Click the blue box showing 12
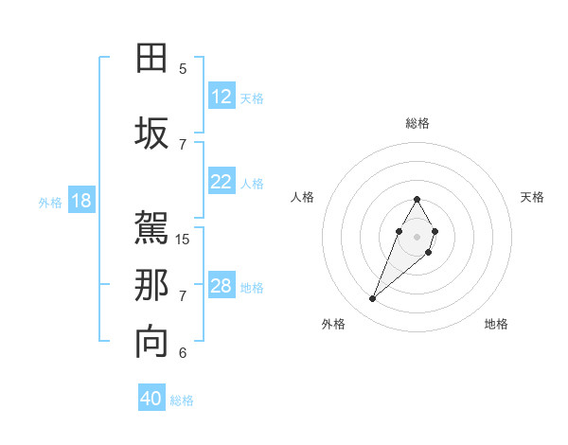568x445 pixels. (222, 97)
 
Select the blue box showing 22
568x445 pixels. (222, 182)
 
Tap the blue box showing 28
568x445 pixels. (222, 286)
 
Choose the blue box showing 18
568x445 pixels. (80, 201)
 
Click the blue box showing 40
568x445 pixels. (151, 399)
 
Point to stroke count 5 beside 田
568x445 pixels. (183, 69)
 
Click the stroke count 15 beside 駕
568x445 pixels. (184, 239)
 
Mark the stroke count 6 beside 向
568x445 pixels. (183, 353)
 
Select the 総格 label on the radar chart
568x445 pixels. (417, 123)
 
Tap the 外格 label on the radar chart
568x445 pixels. (333, 324)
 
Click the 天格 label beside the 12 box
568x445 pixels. (252, 98)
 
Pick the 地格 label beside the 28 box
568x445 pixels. (252, 288)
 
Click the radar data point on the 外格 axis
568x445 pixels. (372, 299)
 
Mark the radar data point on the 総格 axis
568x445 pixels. (417, 199)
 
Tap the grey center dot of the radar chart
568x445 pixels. (417, 235)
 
